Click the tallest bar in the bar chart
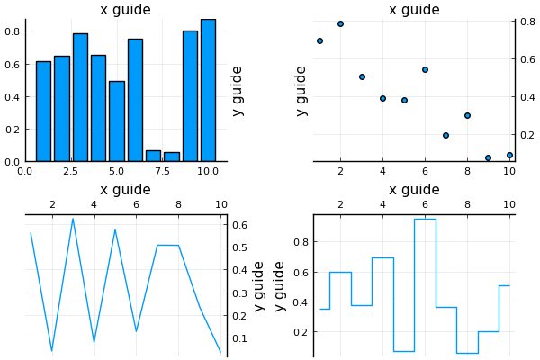coord(208,90)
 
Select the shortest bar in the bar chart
coord(171,157)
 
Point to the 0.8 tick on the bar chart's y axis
coord(13,31)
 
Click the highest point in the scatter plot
coord(340,23)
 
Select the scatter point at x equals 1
coord(319,40)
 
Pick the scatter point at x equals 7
coord(445,135)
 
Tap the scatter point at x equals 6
coord(425,69)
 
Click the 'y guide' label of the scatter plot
coord(301,90)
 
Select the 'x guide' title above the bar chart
coord(125,10)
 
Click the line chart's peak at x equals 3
coord(73,219)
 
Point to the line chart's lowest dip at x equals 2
coord(51,350)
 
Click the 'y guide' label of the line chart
coord(259,286)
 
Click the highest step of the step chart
coord(425,219)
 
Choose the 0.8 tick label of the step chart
coord(302,242)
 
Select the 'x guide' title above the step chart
coord(414,190)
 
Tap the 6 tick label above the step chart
coord(425,205)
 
